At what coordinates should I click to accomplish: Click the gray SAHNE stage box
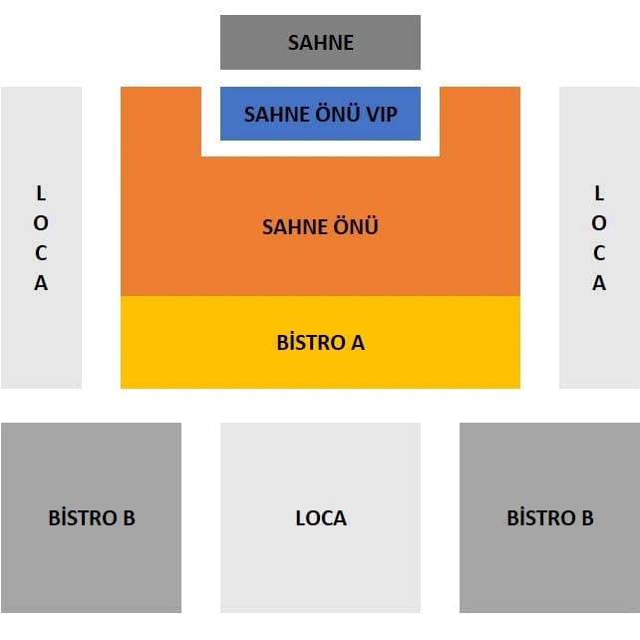click(320, 42)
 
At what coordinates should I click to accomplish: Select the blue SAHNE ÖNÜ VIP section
click(320, 114)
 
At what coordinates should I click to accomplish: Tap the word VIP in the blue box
click(381, 114)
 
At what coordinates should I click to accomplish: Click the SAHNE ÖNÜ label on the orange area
click(320, 226)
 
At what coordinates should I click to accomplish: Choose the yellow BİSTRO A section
click(320, 342)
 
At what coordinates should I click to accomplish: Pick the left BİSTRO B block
click(91, 517)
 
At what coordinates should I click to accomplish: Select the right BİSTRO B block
click(549, 517)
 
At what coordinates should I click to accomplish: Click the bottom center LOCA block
click(320, 517)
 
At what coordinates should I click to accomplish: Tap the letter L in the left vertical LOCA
click(41, 192)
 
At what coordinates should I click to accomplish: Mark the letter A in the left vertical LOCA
click(41, 282)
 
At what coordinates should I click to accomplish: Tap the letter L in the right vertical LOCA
click(599, 192)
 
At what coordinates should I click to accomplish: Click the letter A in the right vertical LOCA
click(599, 282)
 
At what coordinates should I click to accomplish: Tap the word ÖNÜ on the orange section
click(357, 226)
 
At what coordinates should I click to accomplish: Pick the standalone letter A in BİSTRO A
click(357, 343)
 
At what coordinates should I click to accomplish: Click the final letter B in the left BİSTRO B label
click(128, 518)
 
